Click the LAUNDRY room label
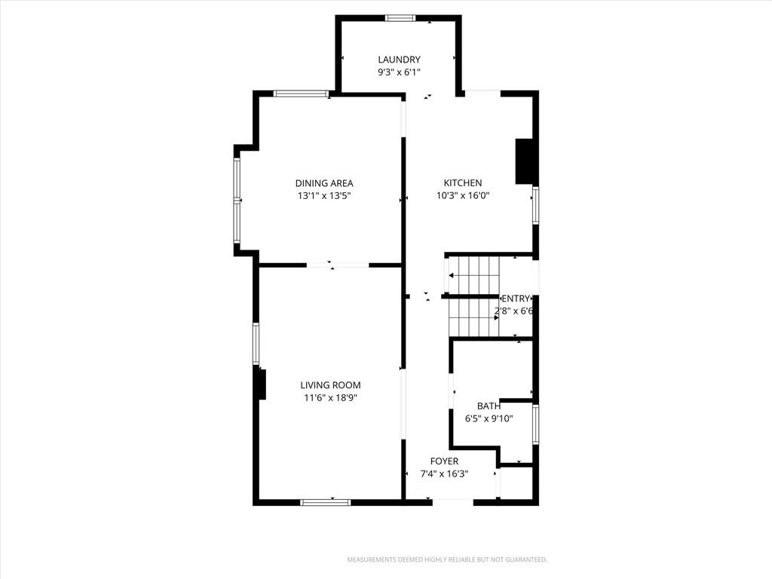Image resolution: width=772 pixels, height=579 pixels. pyautogui.click(x=399, y=60)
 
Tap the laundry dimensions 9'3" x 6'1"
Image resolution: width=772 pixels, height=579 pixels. pyautogui.click(x=399, y=72)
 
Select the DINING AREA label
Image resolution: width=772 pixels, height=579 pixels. pyautogui.click(x=324, y=183)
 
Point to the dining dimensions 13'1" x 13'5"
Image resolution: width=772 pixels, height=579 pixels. pyautogui.click(x=324, y=196)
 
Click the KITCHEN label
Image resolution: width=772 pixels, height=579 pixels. pyautogui.click(x=463, y=182)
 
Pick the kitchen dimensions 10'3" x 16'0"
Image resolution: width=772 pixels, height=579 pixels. pyautogui.click(x=463, y=195)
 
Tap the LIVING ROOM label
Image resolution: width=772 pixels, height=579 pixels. pyautogui.click(x=330, y=385)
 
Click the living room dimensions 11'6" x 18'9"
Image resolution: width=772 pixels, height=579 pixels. pyautogui.click(x=330, y=398)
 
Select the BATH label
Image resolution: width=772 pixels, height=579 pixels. pyautogui.click(x=489, y=406)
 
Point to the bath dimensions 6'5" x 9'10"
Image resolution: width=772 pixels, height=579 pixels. pyautogui.click(x=489, y=419)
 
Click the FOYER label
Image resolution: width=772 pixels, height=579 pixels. pyautogui.click(x=444, y=461)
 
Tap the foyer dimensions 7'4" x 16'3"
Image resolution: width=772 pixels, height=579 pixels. pyautogui.click(x=444, y=474)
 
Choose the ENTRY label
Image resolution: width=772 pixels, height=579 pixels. pyautogui.click(x=516, y=299)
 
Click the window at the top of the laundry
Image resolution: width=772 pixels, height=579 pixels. pyautogui.click(x=400, y=18)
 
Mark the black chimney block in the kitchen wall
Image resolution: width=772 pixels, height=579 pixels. pyautogui.click(x=525, y=161)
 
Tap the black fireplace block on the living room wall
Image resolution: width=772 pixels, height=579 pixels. pyautogui.click(x=262, y=384)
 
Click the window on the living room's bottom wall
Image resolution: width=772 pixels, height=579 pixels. pyautogui.click(x=326, y=502)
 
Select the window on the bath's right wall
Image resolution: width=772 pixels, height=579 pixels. pyautogui.click(x=536, y=424)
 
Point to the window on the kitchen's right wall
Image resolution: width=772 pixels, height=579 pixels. pyautogui.click(x=536, y=206)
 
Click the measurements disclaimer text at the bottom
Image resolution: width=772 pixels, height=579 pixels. pyautogui.click(x=447, y=560)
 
